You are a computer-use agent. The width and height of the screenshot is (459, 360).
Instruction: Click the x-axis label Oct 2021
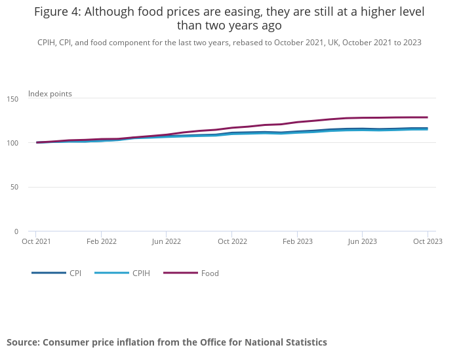point(36,241)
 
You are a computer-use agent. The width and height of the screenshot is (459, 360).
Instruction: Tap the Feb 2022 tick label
point(101,241)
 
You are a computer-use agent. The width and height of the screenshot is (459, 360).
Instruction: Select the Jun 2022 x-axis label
point(167,241)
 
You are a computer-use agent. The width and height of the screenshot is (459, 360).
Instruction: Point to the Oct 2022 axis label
point(231,241)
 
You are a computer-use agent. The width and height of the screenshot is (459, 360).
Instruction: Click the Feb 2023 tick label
point(297,241)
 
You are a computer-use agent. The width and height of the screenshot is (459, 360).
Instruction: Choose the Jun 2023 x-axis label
point(362,241)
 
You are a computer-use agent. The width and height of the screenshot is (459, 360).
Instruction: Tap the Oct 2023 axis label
point(428,241)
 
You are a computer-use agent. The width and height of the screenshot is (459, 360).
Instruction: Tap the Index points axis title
point(50,94)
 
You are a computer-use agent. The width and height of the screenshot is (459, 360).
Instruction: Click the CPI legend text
point(75,273)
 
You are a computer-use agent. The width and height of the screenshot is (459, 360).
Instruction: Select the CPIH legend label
point(141,273)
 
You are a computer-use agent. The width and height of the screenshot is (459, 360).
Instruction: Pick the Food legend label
point(210,273)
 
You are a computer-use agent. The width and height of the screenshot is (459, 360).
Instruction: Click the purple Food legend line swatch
point(180,273)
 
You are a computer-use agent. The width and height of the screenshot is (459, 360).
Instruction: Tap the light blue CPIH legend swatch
point(111,273)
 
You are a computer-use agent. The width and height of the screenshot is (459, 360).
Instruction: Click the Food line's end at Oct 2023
point(428,117)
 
